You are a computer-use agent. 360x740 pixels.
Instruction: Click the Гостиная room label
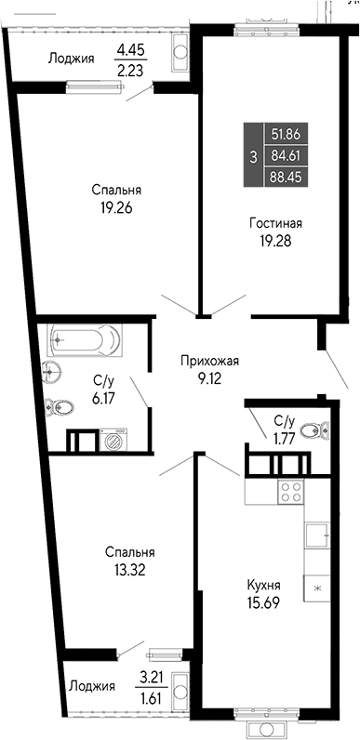[275, 223]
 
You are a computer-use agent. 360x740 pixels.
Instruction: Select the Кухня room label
[264, 585]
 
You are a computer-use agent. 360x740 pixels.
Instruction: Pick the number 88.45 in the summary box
[287, 175]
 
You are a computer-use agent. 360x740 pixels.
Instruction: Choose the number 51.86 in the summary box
[287, 134]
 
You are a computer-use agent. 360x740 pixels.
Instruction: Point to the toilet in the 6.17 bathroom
[61, 406]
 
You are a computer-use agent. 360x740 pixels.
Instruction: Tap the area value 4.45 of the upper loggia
[132, 51]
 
